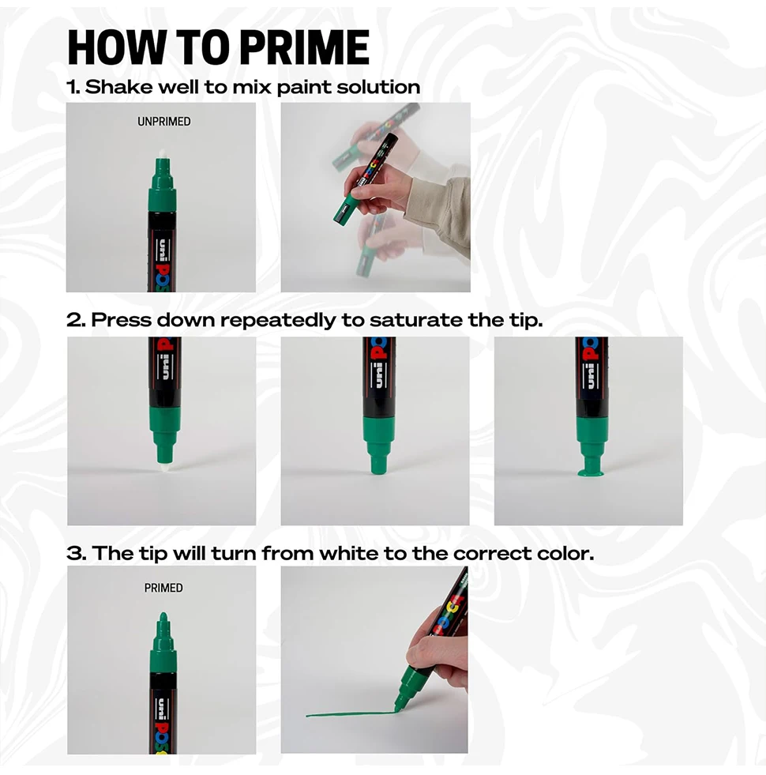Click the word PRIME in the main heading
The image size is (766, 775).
click(x=304, y=47)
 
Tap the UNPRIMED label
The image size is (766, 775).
click(x=164, y=122)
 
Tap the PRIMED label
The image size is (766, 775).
click(x=163, y=588)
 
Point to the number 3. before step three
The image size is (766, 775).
click(x=76, y=553)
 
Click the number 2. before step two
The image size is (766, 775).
click(x=76, y=320)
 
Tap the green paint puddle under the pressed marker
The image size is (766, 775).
click(x=590, y=474)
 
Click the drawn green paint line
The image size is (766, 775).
click(x=347, y=714)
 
